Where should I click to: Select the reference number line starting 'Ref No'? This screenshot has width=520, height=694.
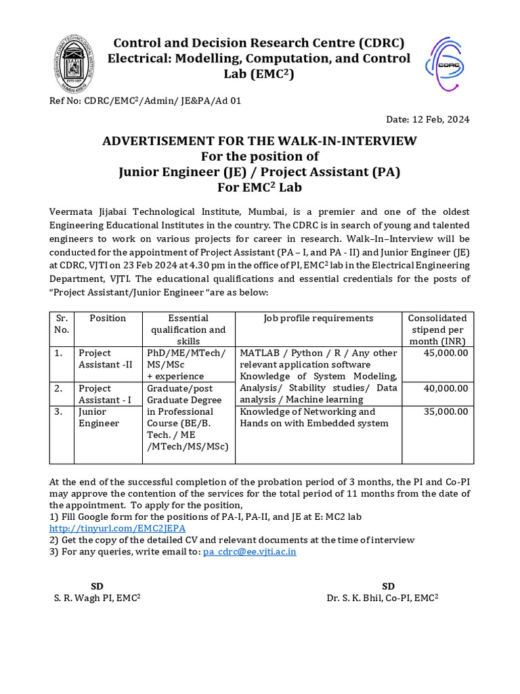click(x=145, y=101)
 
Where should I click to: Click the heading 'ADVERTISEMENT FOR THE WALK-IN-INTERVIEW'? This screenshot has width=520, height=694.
click(x=259, y=141)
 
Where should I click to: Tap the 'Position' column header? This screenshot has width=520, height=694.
click(x=108, y=318)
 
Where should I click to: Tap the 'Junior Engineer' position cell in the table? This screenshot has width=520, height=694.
click(x=99, y=417)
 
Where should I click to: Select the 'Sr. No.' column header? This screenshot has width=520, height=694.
click(x=62, y=324)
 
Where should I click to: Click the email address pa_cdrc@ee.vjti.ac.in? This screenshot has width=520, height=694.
click(x=249, y=552)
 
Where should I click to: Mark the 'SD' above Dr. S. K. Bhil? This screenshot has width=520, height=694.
click(x=388, y=586)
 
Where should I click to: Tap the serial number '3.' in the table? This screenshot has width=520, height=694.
click(x=60, y=411)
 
